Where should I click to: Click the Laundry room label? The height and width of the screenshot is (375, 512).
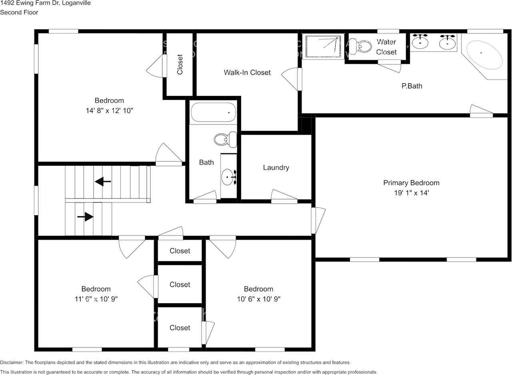[276, 168]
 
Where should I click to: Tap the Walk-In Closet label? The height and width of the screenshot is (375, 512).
[247, 72]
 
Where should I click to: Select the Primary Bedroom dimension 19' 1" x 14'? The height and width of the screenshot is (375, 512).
[411, 193]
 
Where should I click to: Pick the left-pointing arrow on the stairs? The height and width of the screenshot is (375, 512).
[103, 182]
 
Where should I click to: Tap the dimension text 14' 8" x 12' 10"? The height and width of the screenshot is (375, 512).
[109, 111]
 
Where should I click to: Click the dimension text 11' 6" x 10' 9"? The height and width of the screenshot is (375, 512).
[96, 299]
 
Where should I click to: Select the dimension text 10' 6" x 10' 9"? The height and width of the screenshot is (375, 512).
[258, 299]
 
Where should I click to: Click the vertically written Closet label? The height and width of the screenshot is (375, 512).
[180, 64]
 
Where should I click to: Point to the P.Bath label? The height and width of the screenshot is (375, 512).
[412, 86]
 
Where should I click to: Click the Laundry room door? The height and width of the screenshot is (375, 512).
[284, 195]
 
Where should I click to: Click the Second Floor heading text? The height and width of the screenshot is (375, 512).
[19, 12]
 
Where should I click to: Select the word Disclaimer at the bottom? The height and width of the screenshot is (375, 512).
[12, 363]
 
